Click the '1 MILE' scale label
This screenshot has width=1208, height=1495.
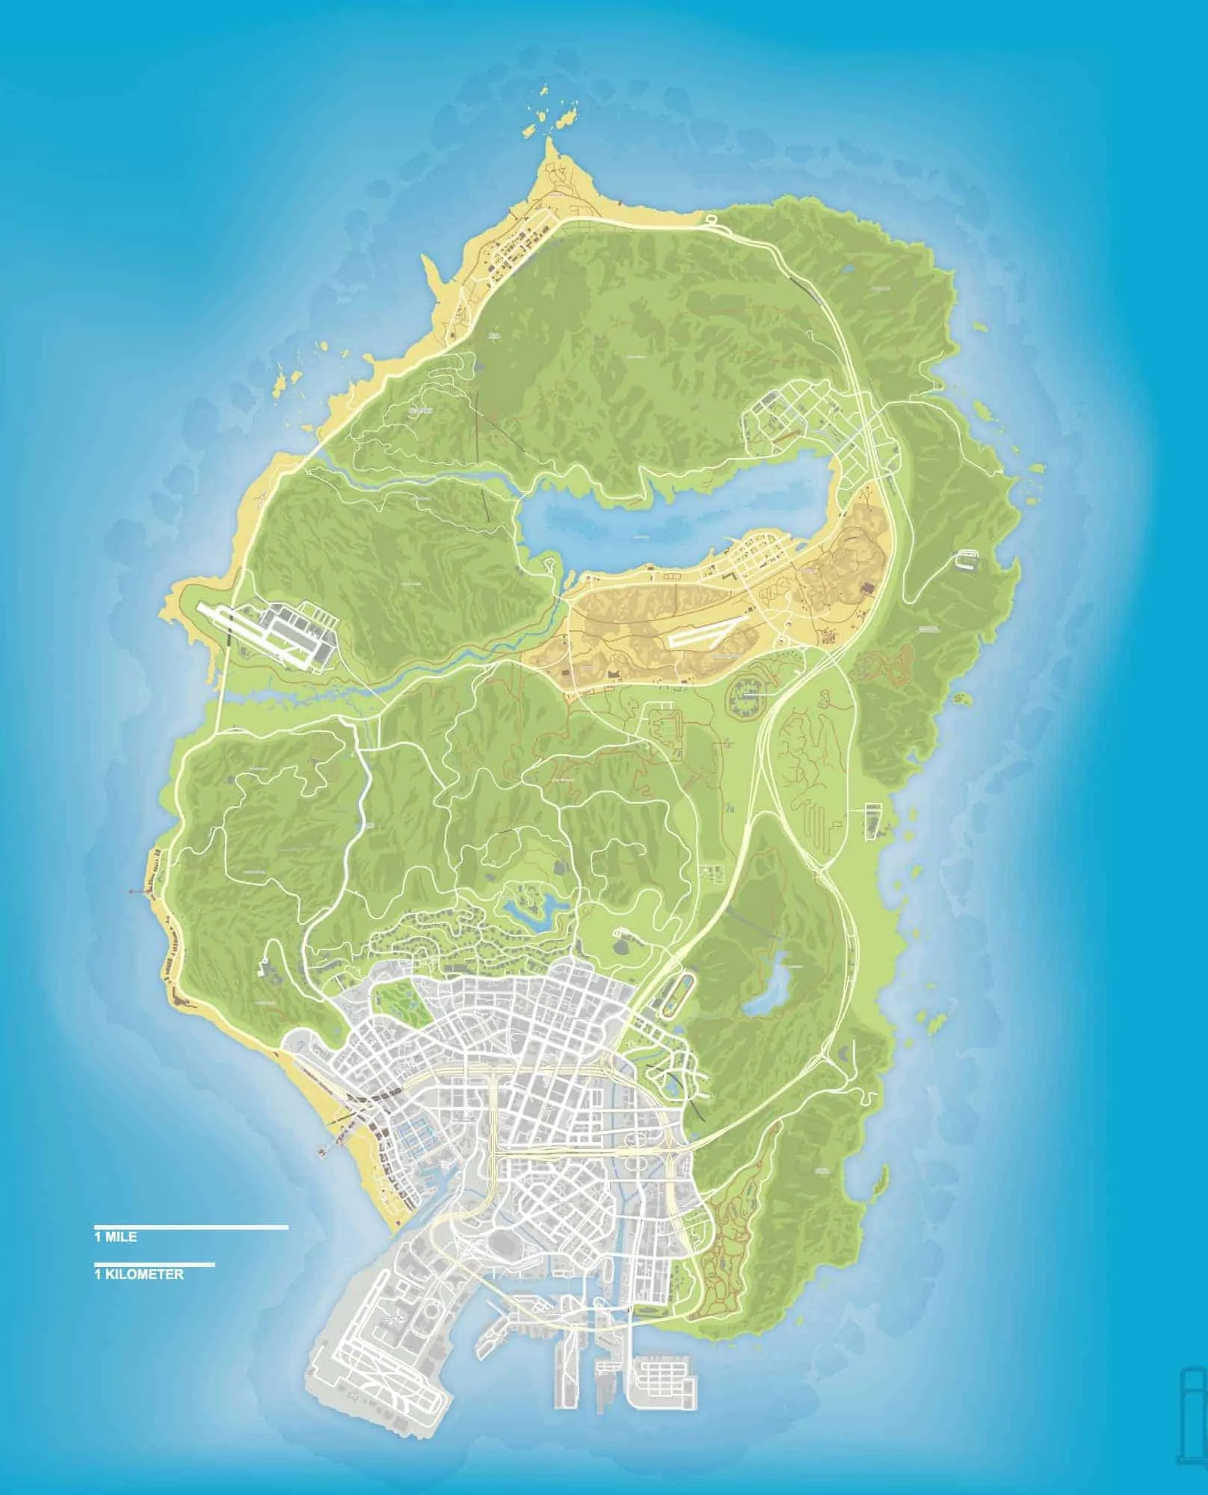115,1237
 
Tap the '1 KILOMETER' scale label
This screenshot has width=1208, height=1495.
139,1274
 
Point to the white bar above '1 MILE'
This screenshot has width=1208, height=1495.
191,1227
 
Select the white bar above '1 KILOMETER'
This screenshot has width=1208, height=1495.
154,1265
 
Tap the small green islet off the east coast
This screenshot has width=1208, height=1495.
961,700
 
